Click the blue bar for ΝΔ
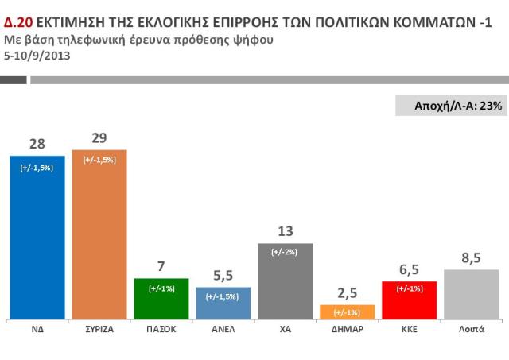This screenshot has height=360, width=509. tap(37, 238)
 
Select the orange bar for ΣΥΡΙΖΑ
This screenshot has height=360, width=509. tap(99, 234)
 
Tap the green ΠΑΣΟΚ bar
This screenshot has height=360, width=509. tap(161, 298)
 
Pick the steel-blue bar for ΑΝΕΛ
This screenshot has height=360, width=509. tap(223, 303)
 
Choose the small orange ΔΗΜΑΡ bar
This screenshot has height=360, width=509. tap(347, 312)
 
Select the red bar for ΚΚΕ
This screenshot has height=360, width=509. tap(410, 300)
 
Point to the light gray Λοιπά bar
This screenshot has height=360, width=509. tap(471, 294)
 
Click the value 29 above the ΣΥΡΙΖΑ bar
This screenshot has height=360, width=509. tap(99, 137)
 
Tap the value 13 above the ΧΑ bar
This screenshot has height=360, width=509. tap(286, 231)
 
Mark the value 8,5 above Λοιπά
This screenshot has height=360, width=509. tap(471, 257)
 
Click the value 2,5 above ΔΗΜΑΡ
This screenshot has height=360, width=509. tap(348, 293)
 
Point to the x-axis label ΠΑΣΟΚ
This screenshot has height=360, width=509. tap(161, 327)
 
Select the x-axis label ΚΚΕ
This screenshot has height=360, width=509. tap(410, 327)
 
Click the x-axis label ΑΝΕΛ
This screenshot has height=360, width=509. tap(223, 327)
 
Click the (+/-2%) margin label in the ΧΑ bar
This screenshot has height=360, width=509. tap(286, 252)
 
